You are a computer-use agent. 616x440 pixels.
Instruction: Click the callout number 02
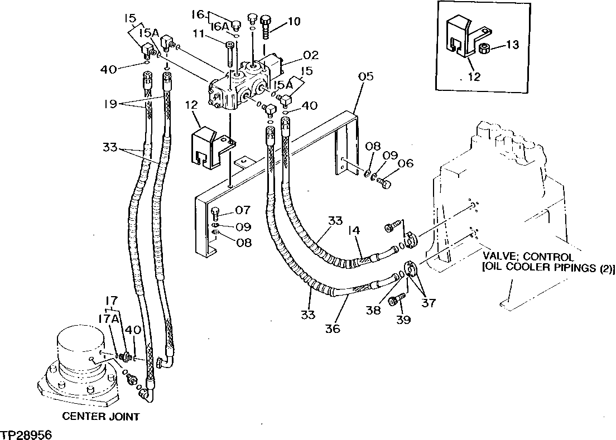click(311, 55)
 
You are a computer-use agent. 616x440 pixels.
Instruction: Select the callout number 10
click(293, 22)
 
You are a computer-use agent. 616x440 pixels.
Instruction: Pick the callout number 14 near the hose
click(353, 229)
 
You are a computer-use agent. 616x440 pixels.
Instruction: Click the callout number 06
click(406, 163)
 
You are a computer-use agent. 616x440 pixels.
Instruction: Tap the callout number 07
click(243, 211)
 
